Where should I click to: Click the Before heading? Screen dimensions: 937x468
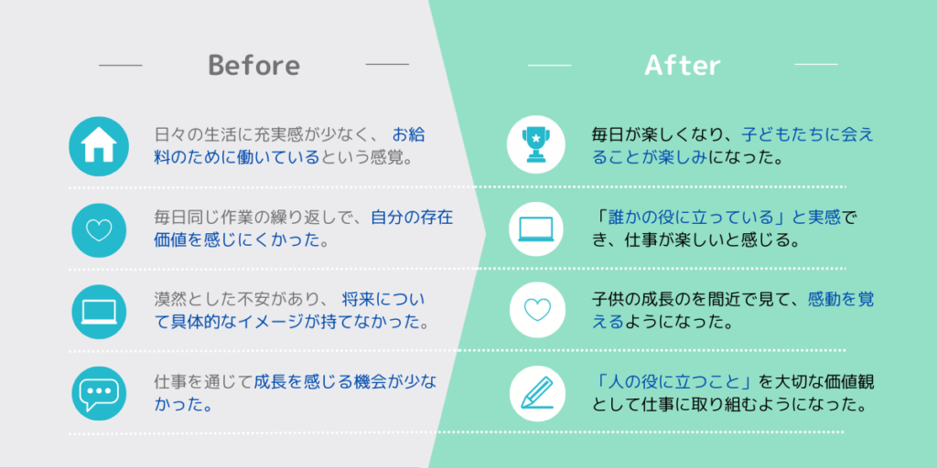tap(254, 65)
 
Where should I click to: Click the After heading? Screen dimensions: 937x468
tap(683, 65)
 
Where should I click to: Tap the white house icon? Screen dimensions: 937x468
tap(99, 146)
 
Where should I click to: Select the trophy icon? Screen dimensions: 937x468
tap(536, 145)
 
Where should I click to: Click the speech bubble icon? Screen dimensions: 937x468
tap(99, 393)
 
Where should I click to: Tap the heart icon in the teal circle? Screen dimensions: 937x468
tap(99, 230)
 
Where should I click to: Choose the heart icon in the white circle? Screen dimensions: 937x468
tap(536, 310)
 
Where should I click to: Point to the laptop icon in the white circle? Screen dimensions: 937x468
tap(536, 229)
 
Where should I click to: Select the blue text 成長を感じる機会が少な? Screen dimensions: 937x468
tap(345, 381)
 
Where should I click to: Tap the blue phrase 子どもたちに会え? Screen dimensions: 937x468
tap(808, 135)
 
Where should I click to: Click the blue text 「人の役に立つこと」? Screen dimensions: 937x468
tap(674, 381)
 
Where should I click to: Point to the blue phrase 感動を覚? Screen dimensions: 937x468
tap(841, 299)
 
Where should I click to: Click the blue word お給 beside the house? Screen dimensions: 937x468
tap(409, 135)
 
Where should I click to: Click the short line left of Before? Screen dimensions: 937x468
tap(121, 65)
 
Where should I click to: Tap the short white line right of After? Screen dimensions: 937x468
tap(816, 65)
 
